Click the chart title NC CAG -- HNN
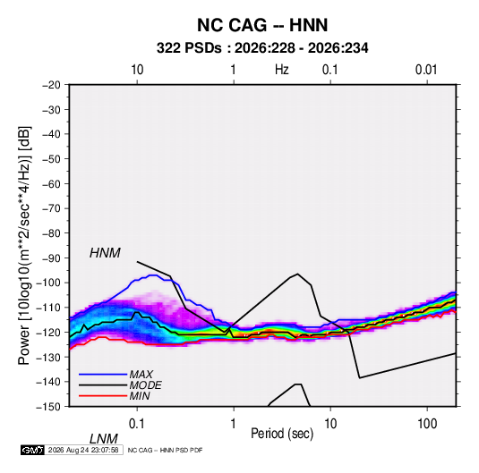click(x=262, y=25)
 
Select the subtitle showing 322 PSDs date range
click(x=262, y=48)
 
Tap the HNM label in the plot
click(x=105, y=253)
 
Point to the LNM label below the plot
click(x=103, y=439)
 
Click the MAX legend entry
click(x=141, y=374)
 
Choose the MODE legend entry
click(x=145, y=385)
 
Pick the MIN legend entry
click(x=140, y=396)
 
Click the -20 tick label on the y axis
click(x=52, y=85)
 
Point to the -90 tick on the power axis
click(x=52, y=258)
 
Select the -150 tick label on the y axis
click(x=48, y=407)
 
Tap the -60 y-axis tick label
click(x=52, y=183)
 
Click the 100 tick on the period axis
click(x=427, y=424)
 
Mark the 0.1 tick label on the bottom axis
click(x=137, y=424)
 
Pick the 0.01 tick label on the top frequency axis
click(x=426, y=70)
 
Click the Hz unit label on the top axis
click(x=282, y=70)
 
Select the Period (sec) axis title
click(x=282, y=434)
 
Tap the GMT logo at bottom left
click(x=32, y=450)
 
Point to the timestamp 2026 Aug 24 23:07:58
click(x=83, y=450)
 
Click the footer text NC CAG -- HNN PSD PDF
click(x=165, y=450)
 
